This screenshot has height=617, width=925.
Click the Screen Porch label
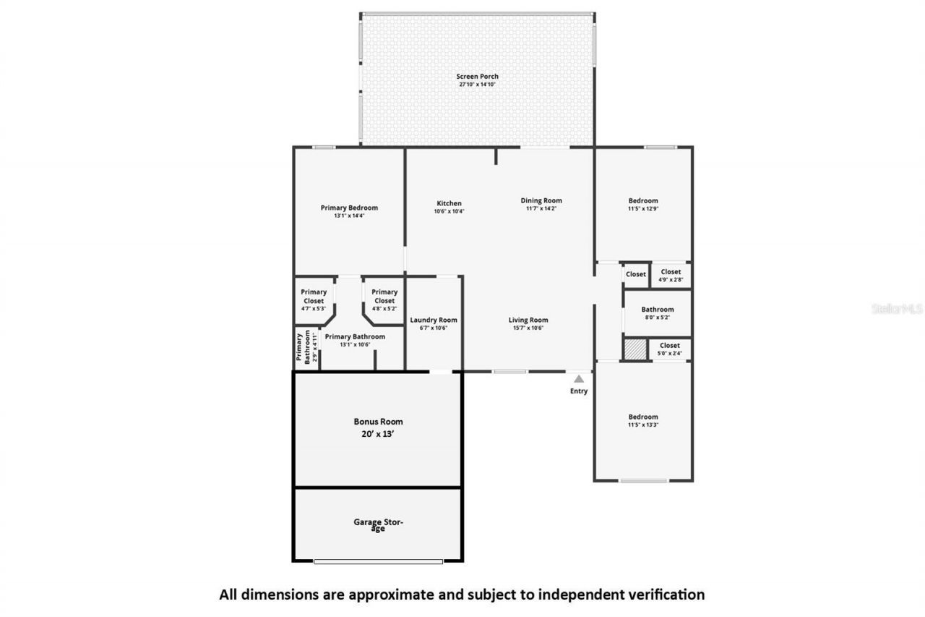(477, 77)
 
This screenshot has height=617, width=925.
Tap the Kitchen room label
(449, 203)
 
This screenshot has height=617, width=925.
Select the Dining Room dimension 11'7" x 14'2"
(541, 208)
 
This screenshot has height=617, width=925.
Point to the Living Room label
(528, 320)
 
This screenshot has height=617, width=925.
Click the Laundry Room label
(434, 320)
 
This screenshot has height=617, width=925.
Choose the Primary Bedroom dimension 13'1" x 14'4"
(349, 216)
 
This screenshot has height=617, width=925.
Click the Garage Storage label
(378, 524)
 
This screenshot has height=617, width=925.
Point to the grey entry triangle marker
(579, 378)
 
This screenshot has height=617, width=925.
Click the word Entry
(579, 391)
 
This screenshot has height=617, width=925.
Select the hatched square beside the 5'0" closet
(634, 349)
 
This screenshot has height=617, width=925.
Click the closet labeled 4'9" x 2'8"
(671, 276)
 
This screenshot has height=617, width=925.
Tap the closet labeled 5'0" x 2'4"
(669, 349)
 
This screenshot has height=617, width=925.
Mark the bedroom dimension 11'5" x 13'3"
(643, 425)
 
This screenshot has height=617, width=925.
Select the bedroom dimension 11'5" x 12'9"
(643, 208)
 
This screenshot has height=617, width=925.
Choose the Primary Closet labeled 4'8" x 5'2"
(384, 300)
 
